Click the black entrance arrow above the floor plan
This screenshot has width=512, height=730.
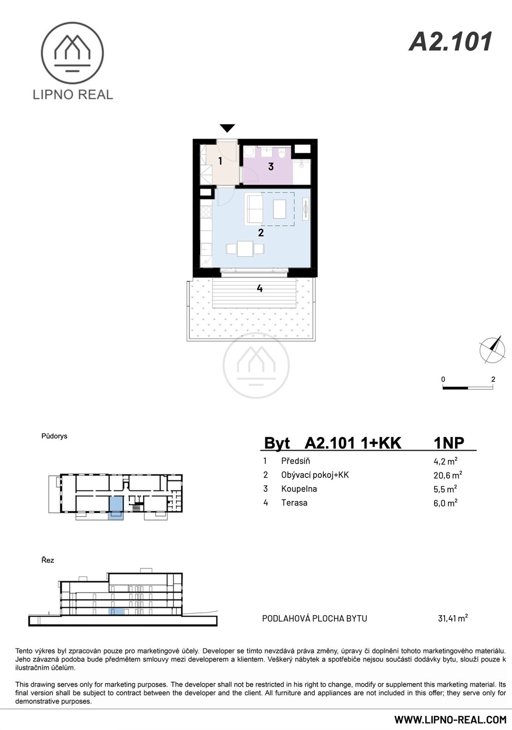click(228, 128)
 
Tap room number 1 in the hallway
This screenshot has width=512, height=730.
click(220, 161)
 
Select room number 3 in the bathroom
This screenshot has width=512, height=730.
click(271, 167)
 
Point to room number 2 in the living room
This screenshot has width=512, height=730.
click(261, 233)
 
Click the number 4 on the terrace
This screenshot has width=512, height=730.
click(259, 288)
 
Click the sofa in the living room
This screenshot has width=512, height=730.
click(253, 209)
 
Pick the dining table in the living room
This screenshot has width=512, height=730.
click(245, 249)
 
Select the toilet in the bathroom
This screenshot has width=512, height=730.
click(282, 152)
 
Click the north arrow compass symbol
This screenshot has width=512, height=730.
click(492, 349)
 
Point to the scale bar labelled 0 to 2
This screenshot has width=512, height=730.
click(468, 388)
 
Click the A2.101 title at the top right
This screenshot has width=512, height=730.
click(450, 42)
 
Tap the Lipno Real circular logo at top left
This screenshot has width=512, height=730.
click(72, 53)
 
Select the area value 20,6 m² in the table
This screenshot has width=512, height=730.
click(448, 475)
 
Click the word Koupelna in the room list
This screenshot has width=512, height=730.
click(299, 489)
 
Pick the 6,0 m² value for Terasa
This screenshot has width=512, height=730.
click(445, 503)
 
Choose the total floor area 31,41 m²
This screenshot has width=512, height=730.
click(453, 618)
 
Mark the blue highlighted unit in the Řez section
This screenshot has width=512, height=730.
click(116, 612)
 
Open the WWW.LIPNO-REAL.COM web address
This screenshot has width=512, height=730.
click(450, 719)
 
